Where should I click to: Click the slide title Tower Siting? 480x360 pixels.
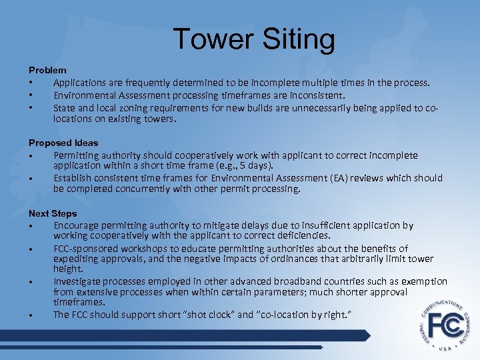coord(254,39)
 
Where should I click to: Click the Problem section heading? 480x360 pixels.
coord(47,69)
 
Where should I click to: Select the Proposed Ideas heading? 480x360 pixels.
coord(63,143)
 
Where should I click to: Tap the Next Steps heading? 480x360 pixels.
coord(53,213)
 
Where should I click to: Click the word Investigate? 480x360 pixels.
coord(78,281)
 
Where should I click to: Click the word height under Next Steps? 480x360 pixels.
coord(68,269)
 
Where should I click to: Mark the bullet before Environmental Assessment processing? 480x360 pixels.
coord(31,95)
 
